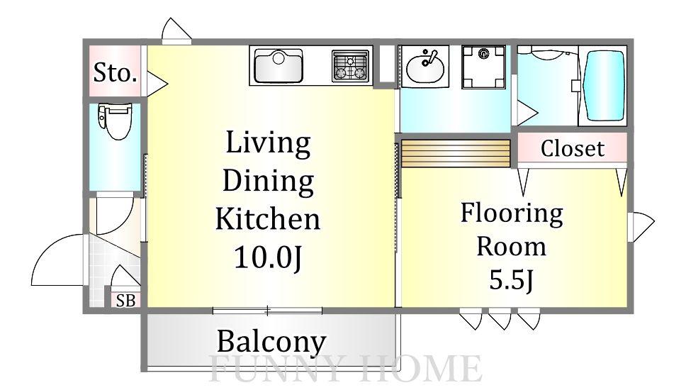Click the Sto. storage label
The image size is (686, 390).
pyautogui.click(x=116, y=72)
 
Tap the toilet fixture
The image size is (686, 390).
pyautogui.click(x=114, y=121)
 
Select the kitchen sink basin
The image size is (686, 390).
pyautogui.click(x=279, y=66)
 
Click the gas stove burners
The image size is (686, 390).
pyautogui.click(x=350, y=67)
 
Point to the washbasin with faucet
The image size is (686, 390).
pyautogui.click(x=424, y=67)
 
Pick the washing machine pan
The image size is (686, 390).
pyautogui.click(x=483, y=67)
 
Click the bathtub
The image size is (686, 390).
pyautogui.click(x=604, y=86)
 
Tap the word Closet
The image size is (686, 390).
pyautogui.click(x=572, y=148)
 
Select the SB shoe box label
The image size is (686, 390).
pyautogui.click(x=125, y=301)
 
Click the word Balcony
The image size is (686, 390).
pyautogui.click(x=271, y=341)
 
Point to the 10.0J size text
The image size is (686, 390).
pyautogui.click(x=268, y=257)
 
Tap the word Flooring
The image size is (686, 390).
pyautogui.click(x=512, y=214)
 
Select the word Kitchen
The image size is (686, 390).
pyautogui.click(x=268, y=218)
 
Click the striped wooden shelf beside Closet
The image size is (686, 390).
pyautogui.click(x=456, y=153)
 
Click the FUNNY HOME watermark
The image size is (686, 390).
pyautogui.click(x=346, y=369)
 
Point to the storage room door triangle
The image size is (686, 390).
pyautogui.click(x=157, y=83)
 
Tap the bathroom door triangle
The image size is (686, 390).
pyautogui.click(x=527, y=113)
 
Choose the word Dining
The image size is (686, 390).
pyautogui.click(x=268, y=182)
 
